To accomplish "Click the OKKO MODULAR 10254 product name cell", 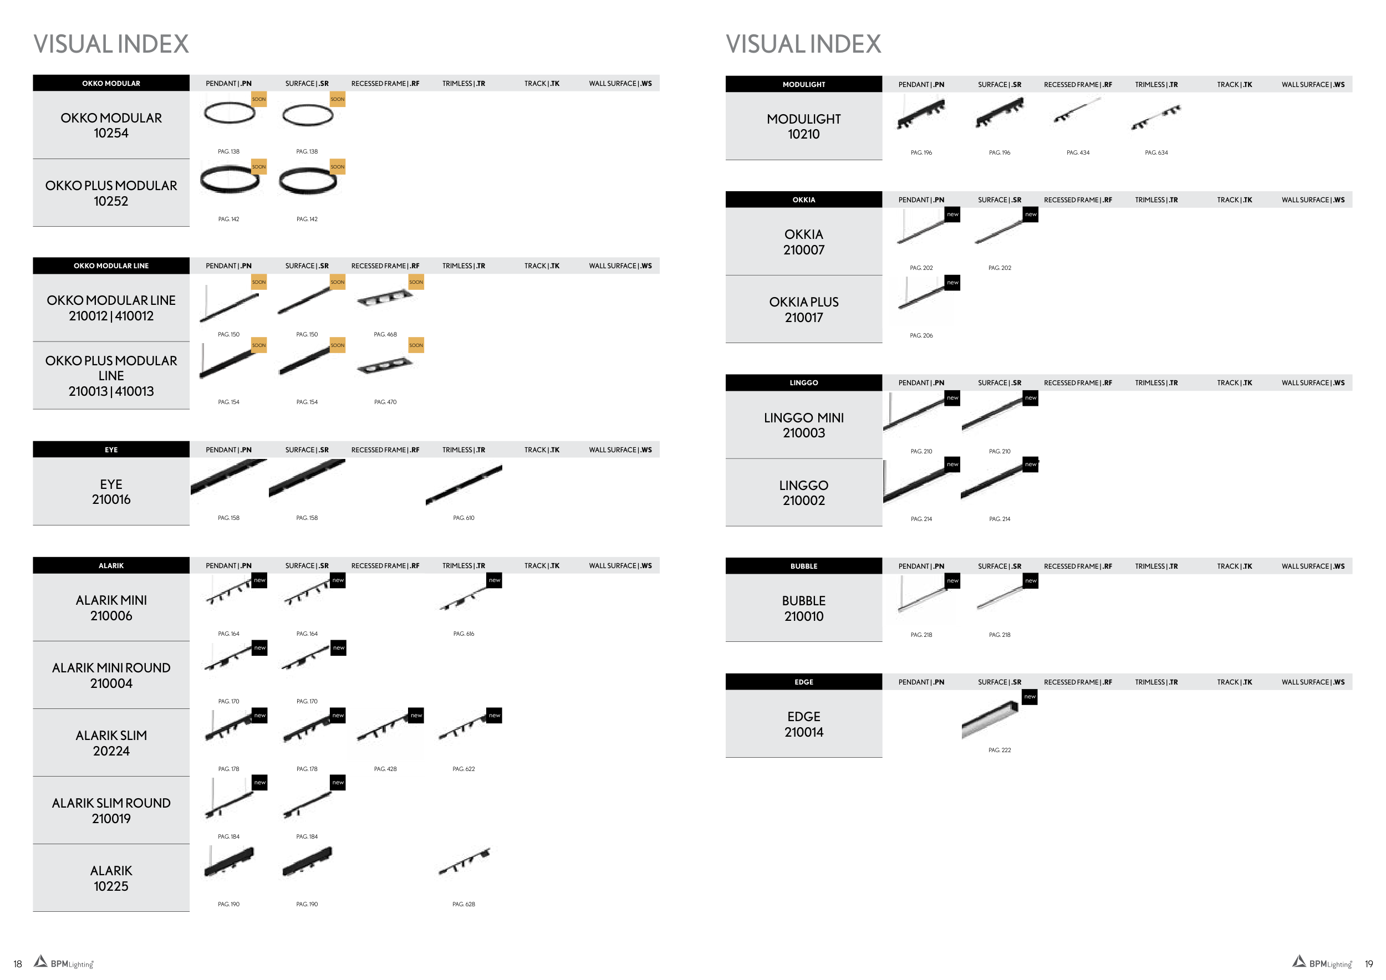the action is [111, 125].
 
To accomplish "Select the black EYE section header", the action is [111, 450].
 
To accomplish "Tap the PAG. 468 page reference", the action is [385, 334].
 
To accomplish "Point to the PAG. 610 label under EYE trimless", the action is [463, 518].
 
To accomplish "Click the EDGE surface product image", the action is [991, 719].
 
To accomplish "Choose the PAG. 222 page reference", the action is [1000, 750].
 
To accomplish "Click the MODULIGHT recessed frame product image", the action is [1078, 110].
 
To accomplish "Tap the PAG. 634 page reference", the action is [1156, 152].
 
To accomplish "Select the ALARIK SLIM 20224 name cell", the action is [111, 743].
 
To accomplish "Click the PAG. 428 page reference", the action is [385, 769].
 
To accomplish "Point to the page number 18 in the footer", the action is [18, 964].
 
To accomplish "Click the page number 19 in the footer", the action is [1368, 964].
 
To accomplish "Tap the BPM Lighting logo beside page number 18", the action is [64, 962].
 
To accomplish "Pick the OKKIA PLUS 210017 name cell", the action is [803, 309].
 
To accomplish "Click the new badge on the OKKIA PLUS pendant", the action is [952, 282].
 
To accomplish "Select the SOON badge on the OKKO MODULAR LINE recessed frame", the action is [416, 282].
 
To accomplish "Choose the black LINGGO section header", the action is [803, 382].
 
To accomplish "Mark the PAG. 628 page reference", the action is [463, 904].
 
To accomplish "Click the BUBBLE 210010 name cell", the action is [803, 608].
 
